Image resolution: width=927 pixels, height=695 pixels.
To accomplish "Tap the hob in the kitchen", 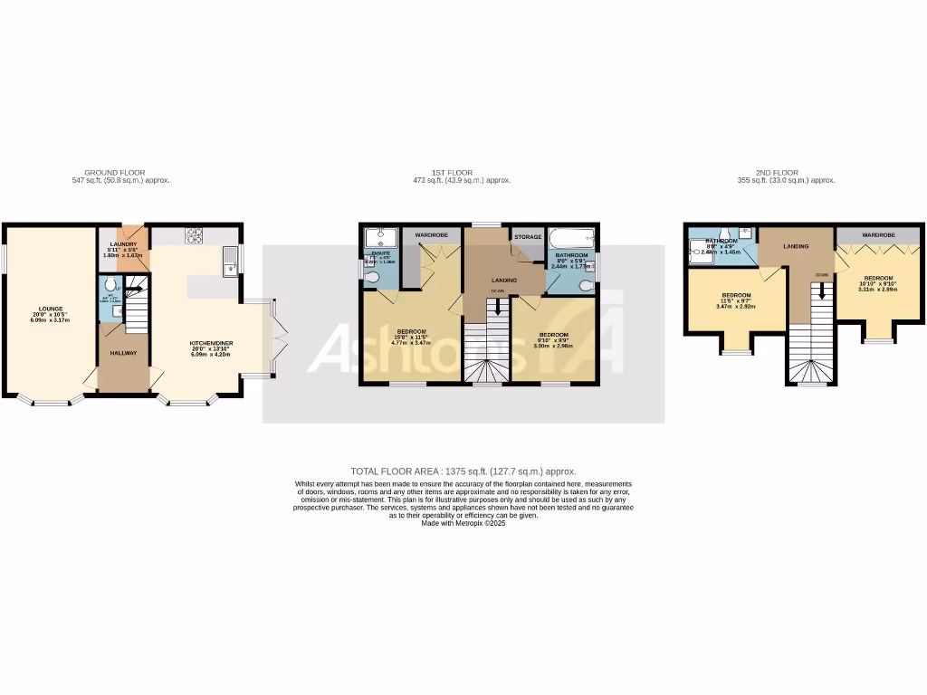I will (x=195, y=236).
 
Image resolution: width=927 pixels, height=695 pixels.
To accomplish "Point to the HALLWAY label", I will (x=123, y=352).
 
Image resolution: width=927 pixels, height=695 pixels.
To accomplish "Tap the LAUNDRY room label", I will (x=123, y=244).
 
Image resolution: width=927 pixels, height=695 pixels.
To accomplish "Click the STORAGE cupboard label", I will (x=528, y=237).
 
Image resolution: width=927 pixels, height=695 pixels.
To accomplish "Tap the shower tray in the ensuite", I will (x=379, y=237).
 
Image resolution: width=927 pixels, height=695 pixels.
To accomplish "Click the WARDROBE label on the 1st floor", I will (x=431, y=234).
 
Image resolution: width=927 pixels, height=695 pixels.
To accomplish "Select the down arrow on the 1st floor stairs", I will (x=497, y=308).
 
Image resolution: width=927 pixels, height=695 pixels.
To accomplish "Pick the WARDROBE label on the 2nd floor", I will (x=878, y=234).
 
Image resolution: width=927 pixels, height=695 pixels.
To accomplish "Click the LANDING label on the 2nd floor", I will (x=796, y=245).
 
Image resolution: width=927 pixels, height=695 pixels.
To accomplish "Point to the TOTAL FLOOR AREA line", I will (x=463, y=471).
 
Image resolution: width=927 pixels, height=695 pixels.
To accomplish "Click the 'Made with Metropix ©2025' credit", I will (x=463, y=523).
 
